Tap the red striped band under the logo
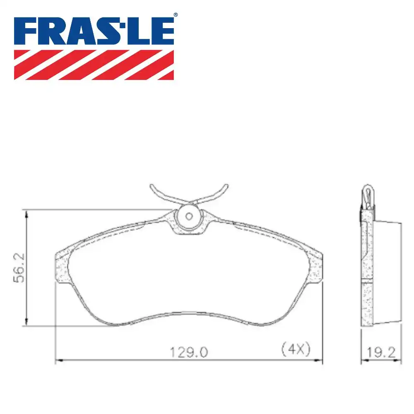[94, 65]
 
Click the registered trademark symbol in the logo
[176, 15]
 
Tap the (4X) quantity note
[296, 350]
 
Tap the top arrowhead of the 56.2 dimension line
[27, 213]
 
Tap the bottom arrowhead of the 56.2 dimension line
[27, 323]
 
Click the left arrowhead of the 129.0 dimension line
[58, 361]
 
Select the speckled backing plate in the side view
[367, 269]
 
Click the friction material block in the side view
[387, 273]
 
